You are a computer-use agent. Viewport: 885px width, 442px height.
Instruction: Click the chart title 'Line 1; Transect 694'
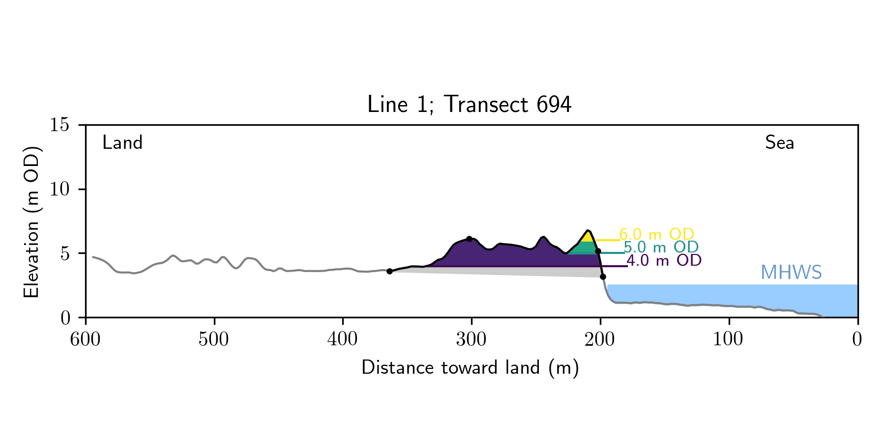[469, 105]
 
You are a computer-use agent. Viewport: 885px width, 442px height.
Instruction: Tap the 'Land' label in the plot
[122, 143]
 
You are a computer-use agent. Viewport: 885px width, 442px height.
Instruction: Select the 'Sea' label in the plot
[779, 143]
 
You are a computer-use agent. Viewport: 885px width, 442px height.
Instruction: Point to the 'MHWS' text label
[791, 273]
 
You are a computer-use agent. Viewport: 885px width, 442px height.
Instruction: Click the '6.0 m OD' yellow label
[656, 234]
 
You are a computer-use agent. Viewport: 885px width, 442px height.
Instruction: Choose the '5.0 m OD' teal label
[661, 247]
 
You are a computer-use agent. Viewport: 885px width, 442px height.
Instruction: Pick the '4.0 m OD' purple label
[664, 260]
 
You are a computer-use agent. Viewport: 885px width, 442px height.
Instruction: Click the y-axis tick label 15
[59, 125]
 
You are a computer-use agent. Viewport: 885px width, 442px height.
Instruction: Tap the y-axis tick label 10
[59, 189]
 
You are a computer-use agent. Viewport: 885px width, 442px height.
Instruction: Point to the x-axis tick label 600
[86, 339]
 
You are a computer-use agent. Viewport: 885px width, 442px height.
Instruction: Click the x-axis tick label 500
[214, 339]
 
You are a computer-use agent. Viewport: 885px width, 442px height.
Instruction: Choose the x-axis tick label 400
[343, 339]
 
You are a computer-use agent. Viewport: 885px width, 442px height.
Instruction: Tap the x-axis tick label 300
[471, 339]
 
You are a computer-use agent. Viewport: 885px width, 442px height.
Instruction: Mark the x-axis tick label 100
[728, 339]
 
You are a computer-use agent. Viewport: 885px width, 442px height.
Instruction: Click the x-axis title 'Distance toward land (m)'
[470, 368]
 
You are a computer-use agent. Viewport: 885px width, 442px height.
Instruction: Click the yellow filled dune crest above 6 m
[587, 236]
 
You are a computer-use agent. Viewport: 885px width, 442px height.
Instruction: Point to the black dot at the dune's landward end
[389, 271]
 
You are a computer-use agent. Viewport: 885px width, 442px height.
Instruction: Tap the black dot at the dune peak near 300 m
[469, 239]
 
